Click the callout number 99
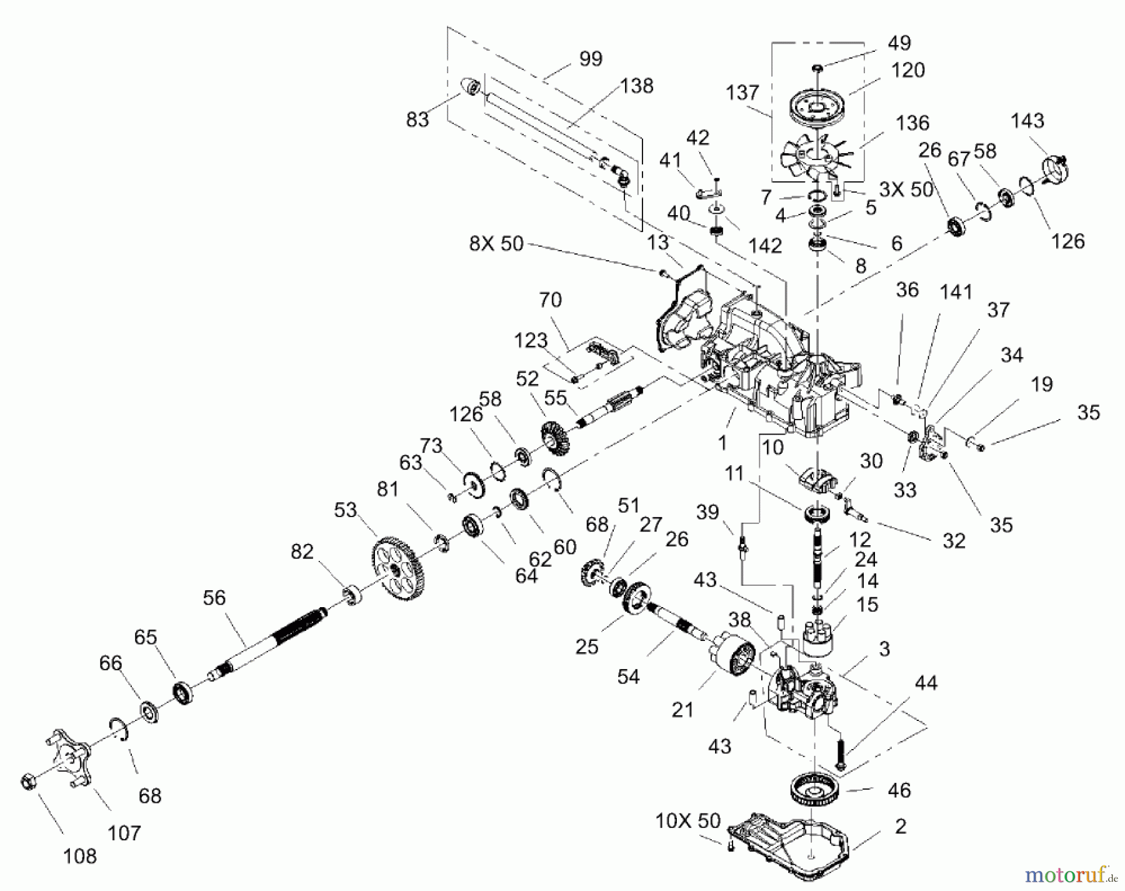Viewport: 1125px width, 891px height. pyautogui.click(x=590, y=59)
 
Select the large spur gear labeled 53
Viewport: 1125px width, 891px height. pyautogui.click(x=396, y=568)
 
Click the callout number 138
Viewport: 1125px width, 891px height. pyautogui.click(x=636, y=86)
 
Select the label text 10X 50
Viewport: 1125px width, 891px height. pyautogui.click(x=687, y=820)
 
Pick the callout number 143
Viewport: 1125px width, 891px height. pyautogui.click(x=1027, y=120)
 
